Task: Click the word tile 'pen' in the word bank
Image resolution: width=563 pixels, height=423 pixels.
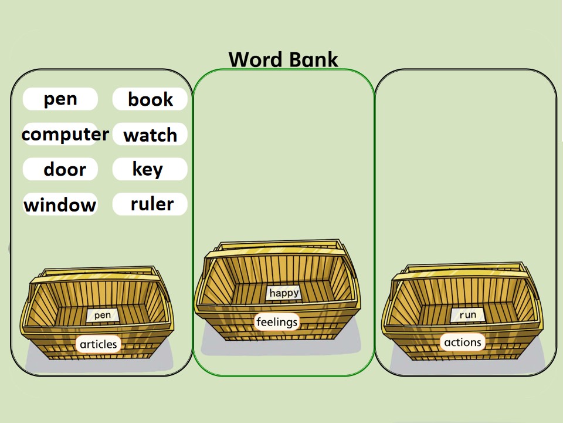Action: pyautogui.click(x=60, y=99)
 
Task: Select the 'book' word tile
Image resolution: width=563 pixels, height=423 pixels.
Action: pyautogui.click(x=150, y=99)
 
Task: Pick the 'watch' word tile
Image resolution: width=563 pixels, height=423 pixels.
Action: pyautogui.click(x=150, y=134)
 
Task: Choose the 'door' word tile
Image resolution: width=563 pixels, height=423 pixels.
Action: pyautogui.click(x=60, y=169)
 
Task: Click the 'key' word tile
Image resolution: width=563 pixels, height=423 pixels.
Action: pyautogui.click(x=150, y=169)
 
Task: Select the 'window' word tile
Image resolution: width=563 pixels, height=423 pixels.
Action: pyautogui.click(x=60, y=204)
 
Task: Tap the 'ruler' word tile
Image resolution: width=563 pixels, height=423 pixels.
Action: pyautogui.click(x=150, y=204)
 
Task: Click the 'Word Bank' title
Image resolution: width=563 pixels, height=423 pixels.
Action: pyautogui.click(x=283, y=59)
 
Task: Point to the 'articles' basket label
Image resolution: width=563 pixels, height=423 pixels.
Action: pyautogui.click(x=99, y=344)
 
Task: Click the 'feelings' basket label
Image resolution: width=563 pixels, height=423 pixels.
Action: pyautogui.click(x=277, y=322)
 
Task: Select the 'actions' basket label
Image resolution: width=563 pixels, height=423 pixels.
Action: pyautogui.click(x=463, y=342)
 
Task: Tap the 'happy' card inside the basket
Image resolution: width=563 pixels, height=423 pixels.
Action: pyautogui.click(x=284, y=293)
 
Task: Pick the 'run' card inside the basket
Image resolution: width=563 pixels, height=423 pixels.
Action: pyautogui.click(x=467, y=315)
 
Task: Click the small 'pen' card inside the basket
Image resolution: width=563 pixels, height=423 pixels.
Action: pyautogui.click(x=102, y=315)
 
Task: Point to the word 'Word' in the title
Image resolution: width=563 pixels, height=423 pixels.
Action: pyautogui.click(x=256, y=59)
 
